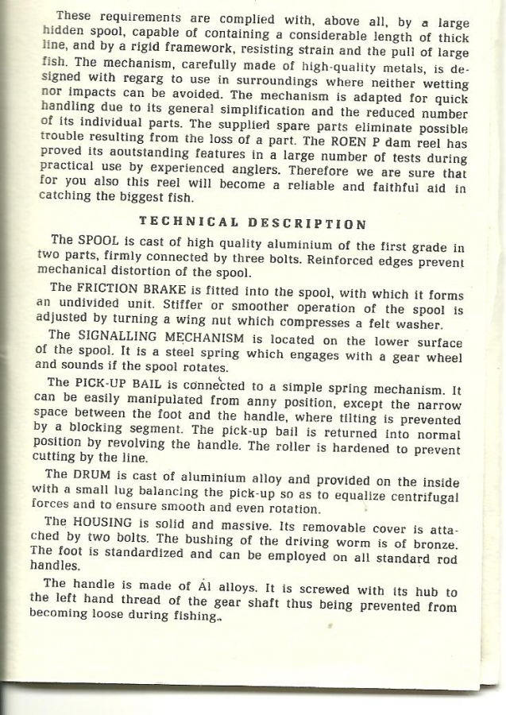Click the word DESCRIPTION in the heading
tap(307, 224)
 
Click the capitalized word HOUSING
tap(109, 524)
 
